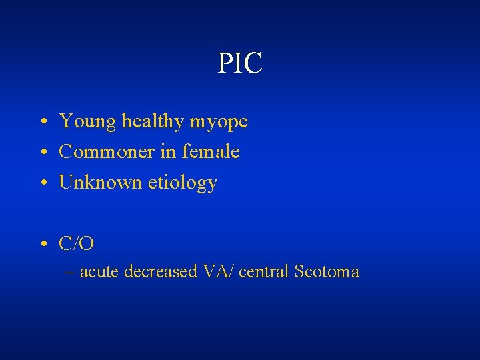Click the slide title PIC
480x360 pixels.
[x=240, y=64]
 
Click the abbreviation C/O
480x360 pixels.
[x=77, y=244]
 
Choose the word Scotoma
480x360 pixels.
[x=327, y=272]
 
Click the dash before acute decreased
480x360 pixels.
[x=69, y=273]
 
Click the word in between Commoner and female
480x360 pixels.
[x=167, y=152]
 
